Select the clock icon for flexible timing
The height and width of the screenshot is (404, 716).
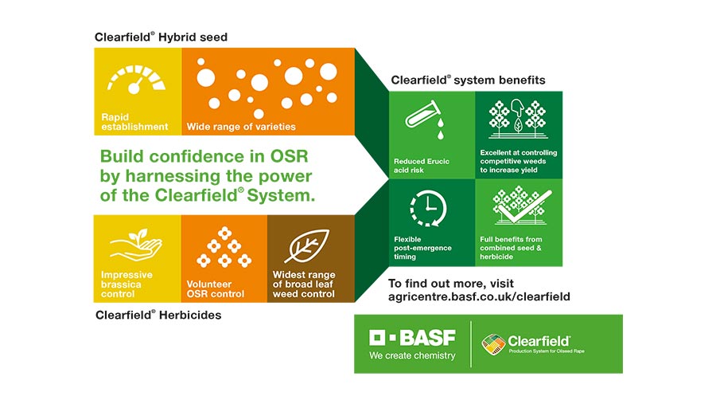pos(427,208)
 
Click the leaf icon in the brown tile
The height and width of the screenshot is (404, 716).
pos(306,245)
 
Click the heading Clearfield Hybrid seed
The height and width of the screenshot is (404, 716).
pos(161,37)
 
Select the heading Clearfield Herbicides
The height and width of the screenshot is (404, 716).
pos(158,315)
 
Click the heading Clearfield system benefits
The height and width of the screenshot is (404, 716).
pos(468,80)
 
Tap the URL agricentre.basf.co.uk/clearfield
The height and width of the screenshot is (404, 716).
pos(479,296)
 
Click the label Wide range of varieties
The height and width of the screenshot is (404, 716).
pos(241,126)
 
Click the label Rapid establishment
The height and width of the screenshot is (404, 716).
pos(134,122)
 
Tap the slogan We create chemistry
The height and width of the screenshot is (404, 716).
pos(412,355)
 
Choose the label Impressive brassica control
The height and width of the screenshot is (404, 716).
pos(127,284)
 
